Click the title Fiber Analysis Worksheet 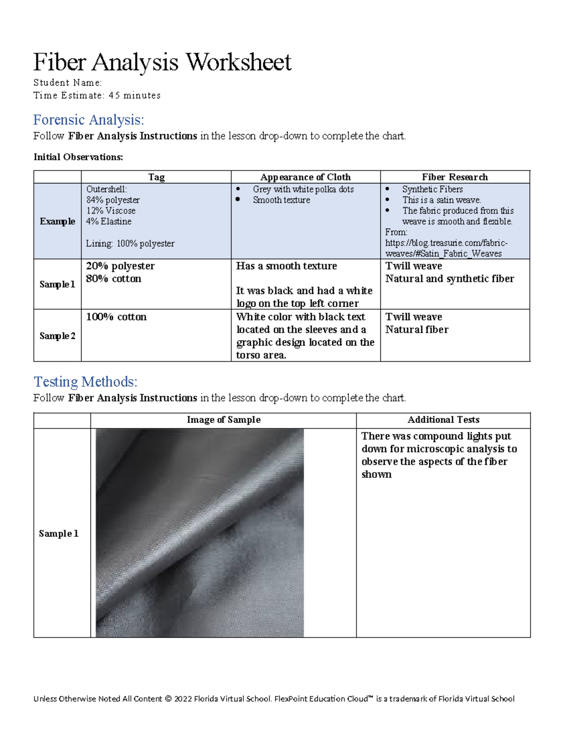[x=162, y=62]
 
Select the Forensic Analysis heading [x=88, y=120]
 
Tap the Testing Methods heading [x=85, y=382]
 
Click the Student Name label [x=67, y=83]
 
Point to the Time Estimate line [x=97, y=95]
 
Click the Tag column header [x=156, y=177]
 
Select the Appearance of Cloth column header [x=305, y=177]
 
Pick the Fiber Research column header [x=455, y=177]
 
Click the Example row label [x=57, y=221]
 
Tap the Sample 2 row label [x=57, y=336]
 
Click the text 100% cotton [x=116, y=317]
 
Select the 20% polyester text [x=120, y=266]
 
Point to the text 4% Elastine [x=109, y=222]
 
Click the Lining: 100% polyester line [x=130, y=243]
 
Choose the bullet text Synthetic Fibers [x=432, y=189]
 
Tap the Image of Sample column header [x=223, y=420]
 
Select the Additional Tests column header [x=443, y=420]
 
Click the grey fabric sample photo [x=200, y=532]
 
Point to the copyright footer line [x=274, y=699]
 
